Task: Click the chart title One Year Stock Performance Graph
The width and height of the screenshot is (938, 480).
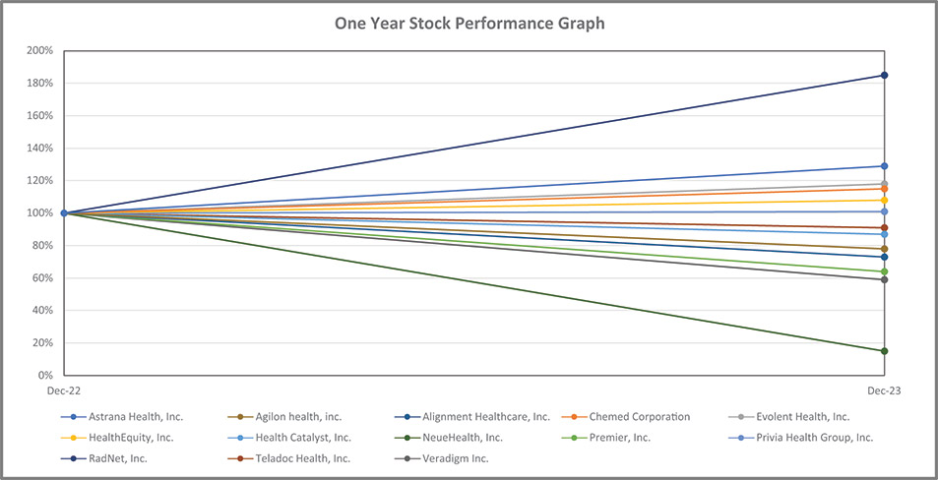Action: coord(469,23)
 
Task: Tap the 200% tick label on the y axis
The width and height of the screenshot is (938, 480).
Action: coord(39,51)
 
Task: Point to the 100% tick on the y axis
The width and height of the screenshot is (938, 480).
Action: coord(39,213)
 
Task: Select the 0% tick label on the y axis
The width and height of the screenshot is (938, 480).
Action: coord(43,376)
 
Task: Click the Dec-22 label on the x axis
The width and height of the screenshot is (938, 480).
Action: coord(64,391)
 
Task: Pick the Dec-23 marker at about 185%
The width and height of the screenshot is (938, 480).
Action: coord(885,76)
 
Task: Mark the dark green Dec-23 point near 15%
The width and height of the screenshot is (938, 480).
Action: coord(885,351)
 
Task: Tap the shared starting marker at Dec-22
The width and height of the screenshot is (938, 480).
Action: coord(64,213)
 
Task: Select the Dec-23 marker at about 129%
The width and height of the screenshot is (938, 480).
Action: coord(885,166)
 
